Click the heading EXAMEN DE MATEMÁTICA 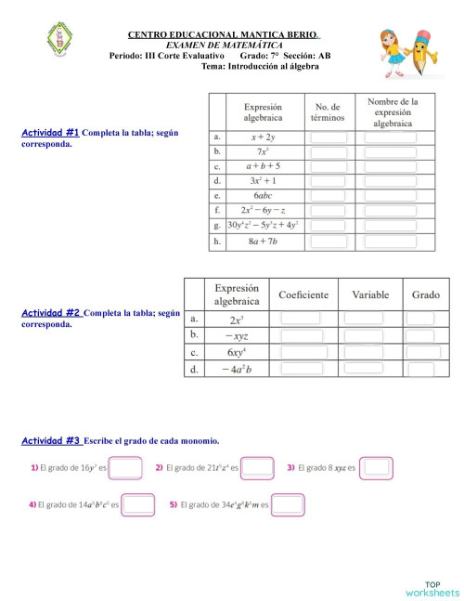[224, 45]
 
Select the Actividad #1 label [50, 133]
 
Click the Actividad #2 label [52, 313]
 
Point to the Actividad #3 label [52, 439]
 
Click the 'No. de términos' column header [329, 112]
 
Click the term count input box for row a [329, 137]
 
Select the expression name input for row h [391, 242]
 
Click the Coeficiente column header [303, 294]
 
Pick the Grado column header [425, 294]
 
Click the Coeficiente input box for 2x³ [301, 318]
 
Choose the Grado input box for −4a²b [420, 369]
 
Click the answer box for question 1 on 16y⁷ [125, 468]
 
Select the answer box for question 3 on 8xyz [376, 467]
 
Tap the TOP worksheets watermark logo [432, 588]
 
